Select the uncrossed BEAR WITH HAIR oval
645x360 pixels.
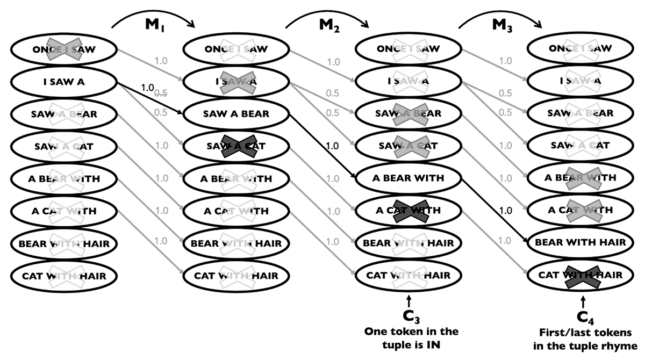[580, 242]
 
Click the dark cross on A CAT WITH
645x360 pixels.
[409, 210]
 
